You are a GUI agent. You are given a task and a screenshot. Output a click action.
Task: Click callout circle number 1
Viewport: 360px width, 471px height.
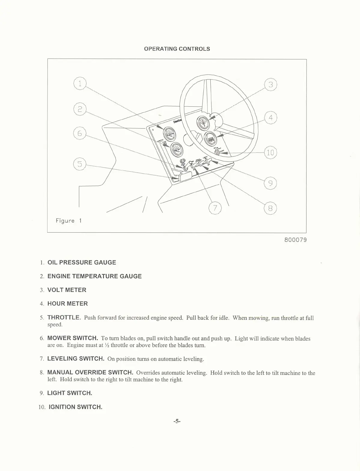[80, 84]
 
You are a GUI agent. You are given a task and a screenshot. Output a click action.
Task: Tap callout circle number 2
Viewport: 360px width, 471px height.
[80, 109]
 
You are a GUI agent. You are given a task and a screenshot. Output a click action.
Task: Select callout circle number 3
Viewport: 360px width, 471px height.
[270, 85]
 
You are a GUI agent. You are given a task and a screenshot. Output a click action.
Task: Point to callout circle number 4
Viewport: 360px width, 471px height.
[270, 118]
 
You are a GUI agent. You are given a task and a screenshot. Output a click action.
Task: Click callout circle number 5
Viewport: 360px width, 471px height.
[80, 164]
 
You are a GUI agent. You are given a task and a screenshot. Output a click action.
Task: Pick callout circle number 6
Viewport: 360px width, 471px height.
[80, 133]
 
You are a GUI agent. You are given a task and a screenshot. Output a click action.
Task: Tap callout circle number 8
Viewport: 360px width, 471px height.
[270, 208]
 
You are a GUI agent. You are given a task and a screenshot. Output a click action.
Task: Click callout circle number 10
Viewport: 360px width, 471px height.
[270, 152]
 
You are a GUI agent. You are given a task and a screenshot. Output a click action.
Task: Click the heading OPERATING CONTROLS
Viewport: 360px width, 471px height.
[177, 49]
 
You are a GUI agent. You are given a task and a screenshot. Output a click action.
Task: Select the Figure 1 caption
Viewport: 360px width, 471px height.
[69, 221]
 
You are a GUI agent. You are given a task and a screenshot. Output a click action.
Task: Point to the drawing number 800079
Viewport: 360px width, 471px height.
[295, 240]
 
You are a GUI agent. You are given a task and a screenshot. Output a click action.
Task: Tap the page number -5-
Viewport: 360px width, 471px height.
[177, 421]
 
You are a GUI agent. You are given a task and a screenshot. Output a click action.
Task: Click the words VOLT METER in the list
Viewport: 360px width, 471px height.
[67, 290]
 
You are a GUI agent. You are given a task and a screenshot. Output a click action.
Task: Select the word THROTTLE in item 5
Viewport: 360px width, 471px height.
[64, 317]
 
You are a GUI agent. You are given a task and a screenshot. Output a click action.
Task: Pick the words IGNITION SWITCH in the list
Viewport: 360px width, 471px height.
[75, 407]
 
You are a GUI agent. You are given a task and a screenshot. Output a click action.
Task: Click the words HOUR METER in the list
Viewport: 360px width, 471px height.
[68, 304]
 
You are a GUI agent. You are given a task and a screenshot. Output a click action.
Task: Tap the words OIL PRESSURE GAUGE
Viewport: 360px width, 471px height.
[82, 262]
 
